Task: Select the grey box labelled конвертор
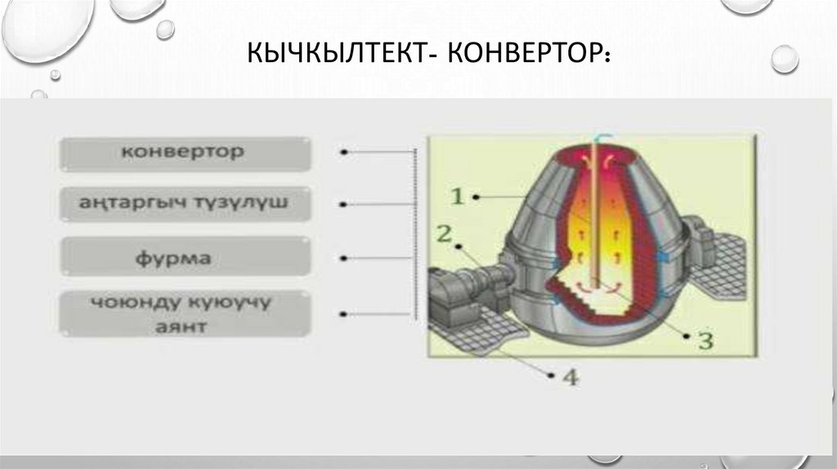point(185,153)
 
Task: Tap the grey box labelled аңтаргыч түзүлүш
point(185,203)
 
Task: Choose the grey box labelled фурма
point(185,257)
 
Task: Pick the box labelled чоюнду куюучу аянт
point(185,314)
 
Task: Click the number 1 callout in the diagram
point(457,196)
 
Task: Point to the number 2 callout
point(444,234)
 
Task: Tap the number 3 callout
point(705,339)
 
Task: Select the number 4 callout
point(570,377)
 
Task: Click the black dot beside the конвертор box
point(345,152)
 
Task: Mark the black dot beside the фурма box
point(345,258)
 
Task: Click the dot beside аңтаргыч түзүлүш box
point(345,204)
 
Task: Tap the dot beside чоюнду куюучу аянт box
point(345,313)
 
